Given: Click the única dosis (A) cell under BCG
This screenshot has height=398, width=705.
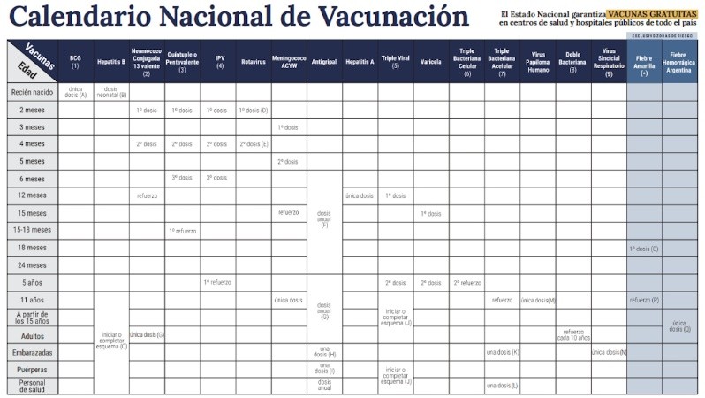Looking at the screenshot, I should pos(76,92).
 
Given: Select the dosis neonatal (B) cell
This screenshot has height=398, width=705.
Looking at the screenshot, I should pos(111,92).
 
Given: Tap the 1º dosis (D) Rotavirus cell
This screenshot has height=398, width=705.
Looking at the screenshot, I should pos(253,110).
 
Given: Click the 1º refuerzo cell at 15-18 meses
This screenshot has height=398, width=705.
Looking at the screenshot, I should pos(182,231).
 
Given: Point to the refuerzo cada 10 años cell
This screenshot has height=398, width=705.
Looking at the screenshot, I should pos(572,334).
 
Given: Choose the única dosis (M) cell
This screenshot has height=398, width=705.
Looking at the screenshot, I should pos(537,301).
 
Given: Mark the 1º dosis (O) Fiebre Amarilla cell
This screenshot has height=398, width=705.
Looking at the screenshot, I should pos(644,249).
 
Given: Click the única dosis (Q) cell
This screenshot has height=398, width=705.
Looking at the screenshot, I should pos(679,325).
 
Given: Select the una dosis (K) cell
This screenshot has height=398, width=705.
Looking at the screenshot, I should pos(502,352).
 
